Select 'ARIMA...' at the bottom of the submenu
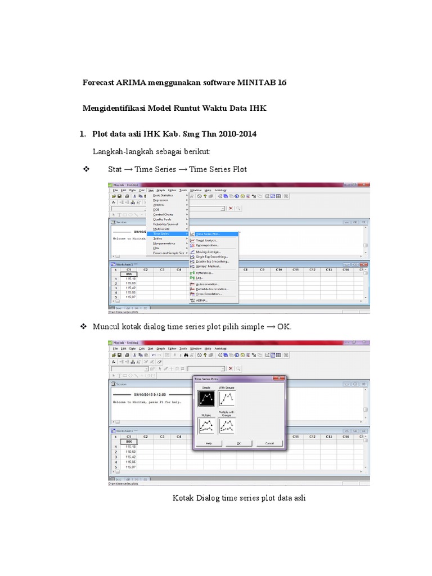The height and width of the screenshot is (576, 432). pyautogui.click(x=201, y=300)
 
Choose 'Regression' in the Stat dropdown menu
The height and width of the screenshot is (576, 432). pyautogui.click(x=161, y=200)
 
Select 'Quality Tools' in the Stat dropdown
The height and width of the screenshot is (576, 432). pyautogui.click(x=163, y=219)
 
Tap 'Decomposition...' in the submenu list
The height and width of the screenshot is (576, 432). pyautogui.click(x=208, y=245)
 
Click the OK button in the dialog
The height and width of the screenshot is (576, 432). pyautogui.click(x=238, y=443)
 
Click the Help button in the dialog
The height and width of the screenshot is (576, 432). pyautogui.click(x=208, y=443)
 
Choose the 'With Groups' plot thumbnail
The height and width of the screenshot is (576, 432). pyautogui.click(x=227, y=399)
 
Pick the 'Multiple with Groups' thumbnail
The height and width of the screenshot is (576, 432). pyautogui.click(x=227, y=426)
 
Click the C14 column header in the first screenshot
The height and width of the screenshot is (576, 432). pyautogui.click(x=346, y=270)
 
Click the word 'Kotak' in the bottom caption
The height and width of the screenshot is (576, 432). pyautogui.click(x=183, y=498)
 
